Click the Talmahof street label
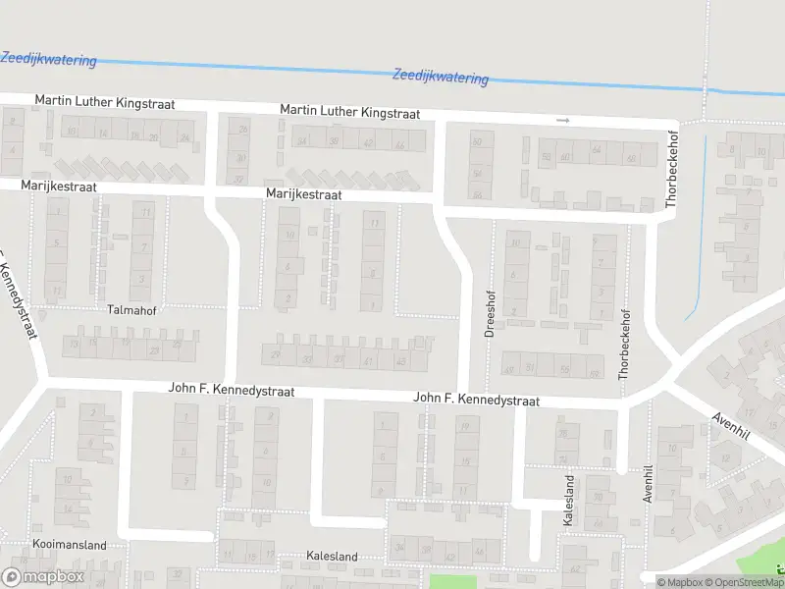[x=131, y=309]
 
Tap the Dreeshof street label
[x=490, y=313]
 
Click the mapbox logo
[x=41, y=577]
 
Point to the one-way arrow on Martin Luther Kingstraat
[x=562, y=121]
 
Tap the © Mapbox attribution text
[x=678, y=582]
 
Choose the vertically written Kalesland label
[x=569, y=501]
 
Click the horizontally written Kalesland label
[x=332, y=557]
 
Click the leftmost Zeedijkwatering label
[x=49, y=60]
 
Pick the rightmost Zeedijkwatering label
[x=440, y=76]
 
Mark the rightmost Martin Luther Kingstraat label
[x=349, y=113]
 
